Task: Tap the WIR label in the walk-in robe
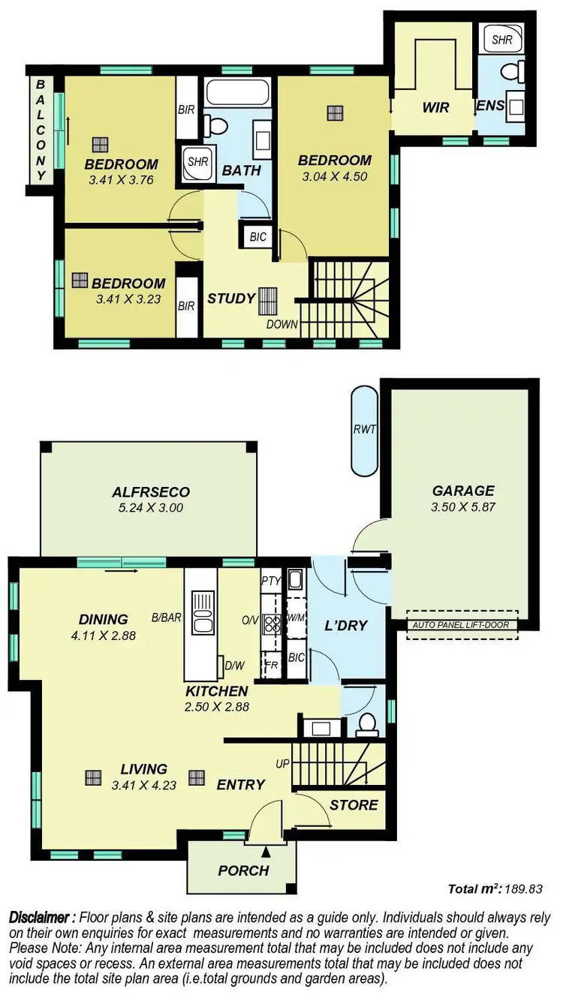[435, 107]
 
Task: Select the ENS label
[490, 107]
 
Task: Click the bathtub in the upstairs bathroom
[238, 93]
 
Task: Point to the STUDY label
[231, 299]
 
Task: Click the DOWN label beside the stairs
[282, 325]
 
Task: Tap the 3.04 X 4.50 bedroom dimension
[334, 177]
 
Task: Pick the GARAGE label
[463, 491]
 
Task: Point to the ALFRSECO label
[151, 492]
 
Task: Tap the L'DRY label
[345, 625]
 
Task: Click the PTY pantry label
[270, 580]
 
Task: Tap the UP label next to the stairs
[283, 764]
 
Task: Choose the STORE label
[354, 805]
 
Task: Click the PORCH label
[243, 870]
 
